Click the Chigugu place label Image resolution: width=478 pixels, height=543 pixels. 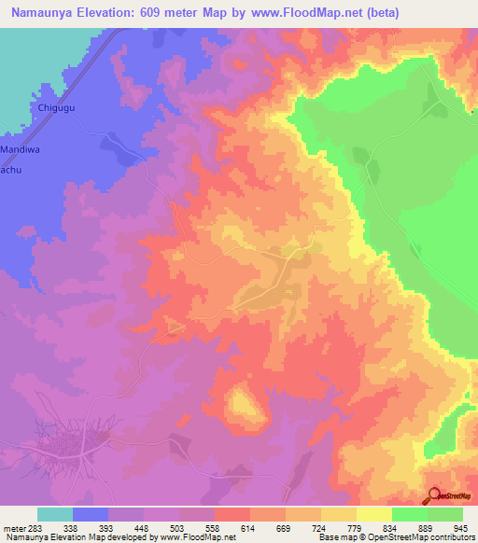pyautogui.click(x=56, y=108)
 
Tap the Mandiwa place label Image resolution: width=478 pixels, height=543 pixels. pyautogui.click(x=20, y=148)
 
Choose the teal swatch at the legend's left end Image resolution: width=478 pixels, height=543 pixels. pyautogui.click(x=55, y=514)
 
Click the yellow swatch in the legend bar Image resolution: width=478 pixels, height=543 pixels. pyautogui.click(x=374, y=514)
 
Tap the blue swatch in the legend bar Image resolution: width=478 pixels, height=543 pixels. pyautogui.click(x=91, y=514)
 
